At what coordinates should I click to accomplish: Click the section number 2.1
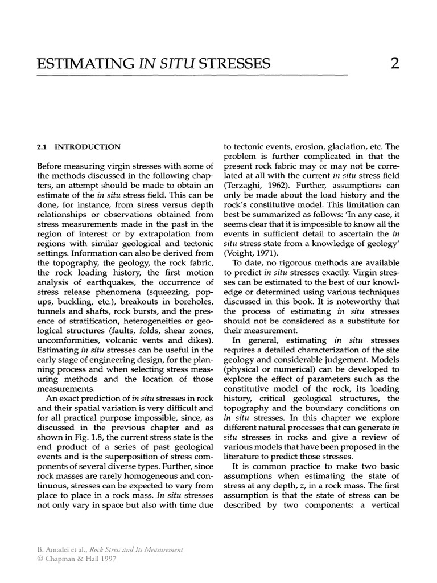pyautogui.click(x=43, y=146)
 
